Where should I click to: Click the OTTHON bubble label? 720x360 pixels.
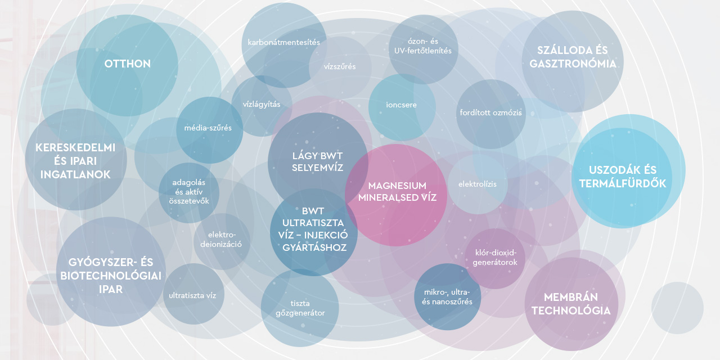coord(128,64)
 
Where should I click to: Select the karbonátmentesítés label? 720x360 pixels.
coord(283,42)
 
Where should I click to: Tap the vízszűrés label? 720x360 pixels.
coord(340,66)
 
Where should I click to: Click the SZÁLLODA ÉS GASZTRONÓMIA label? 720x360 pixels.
coord(573,57)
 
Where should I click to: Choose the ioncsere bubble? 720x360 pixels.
coord(402,105)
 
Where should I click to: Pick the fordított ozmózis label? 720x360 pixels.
coord(490,112)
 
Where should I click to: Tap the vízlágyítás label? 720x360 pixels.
coord(261,104)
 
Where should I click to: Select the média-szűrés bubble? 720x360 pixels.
coord(208,128)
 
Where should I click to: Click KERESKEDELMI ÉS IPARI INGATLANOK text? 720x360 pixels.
coord(75,161)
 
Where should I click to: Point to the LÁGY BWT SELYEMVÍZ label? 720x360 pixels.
coord(317,161)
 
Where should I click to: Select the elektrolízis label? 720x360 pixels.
coord(477,184)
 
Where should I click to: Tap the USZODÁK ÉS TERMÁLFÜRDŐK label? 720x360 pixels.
coord(622,177)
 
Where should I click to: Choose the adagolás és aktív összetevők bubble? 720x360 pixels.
coord(188,192)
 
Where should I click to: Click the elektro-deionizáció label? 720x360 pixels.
coord(222,240)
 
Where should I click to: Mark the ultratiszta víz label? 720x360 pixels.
coord(192,295)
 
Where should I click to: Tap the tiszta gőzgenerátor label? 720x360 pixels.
coord(300,308)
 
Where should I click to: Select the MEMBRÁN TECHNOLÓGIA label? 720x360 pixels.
coord(571,304)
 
